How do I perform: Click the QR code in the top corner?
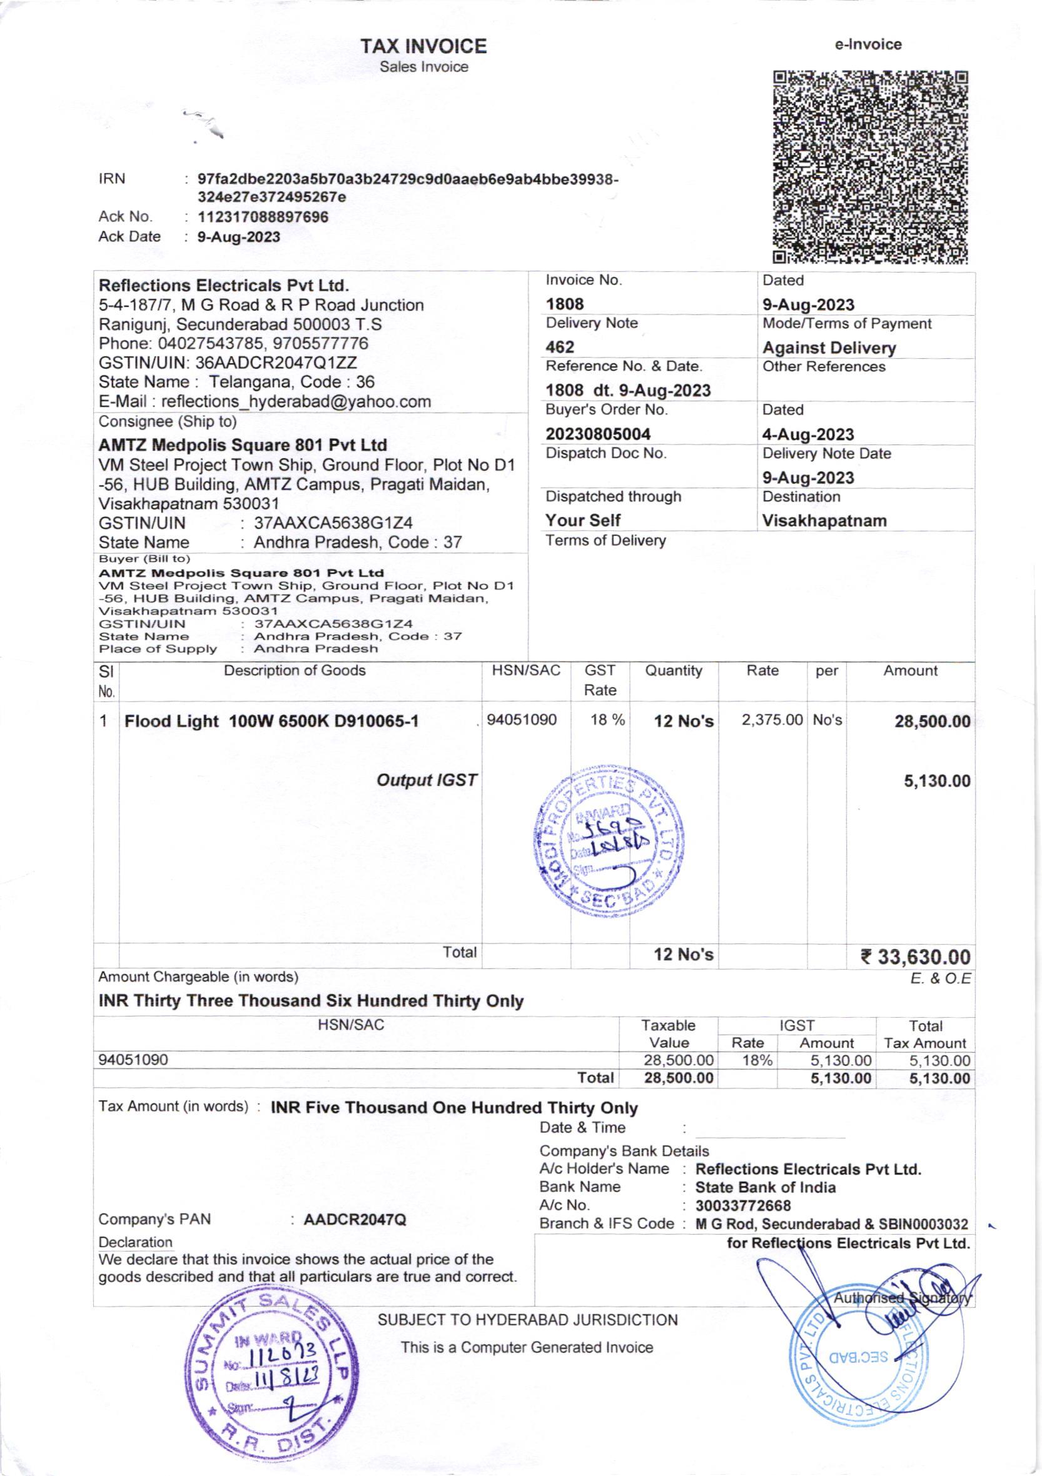[870, 167]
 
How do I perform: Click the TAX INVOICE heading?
[423, 46]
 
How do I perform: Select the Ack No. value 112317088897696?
[263, 217]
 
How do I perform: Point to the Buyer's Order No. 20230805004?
[597, 434]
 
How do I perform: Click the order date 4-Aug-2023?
[808, 434]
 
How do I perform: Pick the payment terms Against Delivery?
[829, 348]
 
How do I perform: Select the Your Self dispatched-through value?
[583, 520]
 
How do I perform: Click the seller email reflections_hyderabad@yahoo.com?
[296, 402]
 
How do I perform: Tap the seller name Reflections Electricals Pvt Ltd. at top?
[224, 285]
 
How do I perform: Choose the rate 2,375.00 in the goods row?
[772, 720]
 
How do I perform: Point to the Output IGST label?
[427, 780]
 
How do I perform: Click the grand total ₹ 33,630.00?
[915, 957]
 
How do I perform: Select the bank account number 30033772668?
[743, 1205]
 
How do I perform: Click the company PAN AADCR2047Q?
[355, 1220]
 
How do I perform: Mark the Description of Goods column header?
[295, 671]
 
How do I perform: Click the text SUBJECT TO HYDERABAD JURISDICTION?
[527, 1320]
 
